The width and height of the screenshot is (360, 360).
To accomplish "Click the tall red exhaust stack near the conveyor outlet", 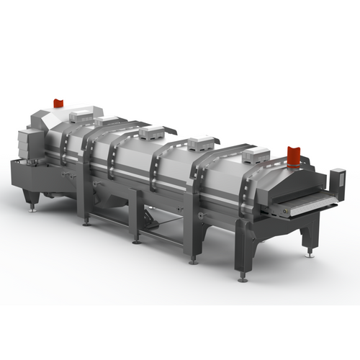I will coord(293,155).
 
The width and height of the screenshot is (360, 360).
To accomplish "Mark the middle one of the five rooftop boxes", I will coord(154,132).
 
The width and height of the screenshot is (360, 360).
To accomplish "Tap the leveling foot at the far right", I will coord(310,253).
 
